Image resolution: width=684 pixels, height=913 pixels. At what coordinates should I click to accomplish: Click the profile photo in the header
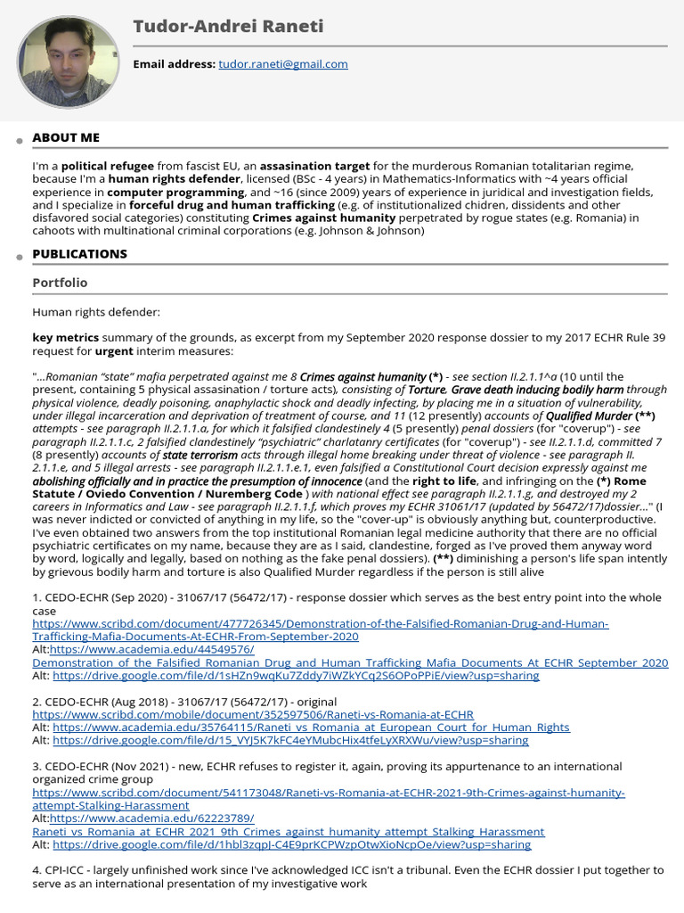(x=68, y=62)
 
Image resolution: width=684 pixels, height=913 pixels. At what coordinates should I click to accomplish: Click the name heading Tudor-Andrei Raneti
(x=228, y=27)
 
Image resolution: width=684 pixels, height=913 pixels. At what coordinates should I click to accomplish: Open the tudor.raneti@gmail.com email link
(x=283, y=64)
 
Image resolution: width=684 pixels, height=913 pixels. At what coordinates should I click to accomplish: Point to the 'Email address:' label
(x=174, y=64)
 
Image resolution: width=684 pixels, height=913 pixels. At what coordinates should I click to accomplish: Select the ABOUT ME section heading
(x=66, y=137)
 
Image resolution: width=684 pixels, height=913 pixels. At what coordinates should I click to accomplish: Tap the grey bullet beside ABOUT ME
(x=19, y=142)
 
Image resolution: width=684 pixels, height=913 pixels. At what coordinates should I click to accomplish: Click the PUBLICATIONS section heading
(x=79, y=254)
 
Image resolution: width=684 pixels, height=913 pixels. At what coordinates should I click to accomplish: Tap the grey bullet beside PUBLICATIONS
(x=19, y=259)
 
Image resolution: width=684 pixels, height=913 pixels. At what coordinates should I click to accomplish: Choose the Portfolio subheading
(x=60, y=283)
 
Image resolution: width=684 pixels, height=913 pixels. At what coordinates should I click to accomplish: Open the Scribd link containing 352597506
(x=253, y=715)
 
